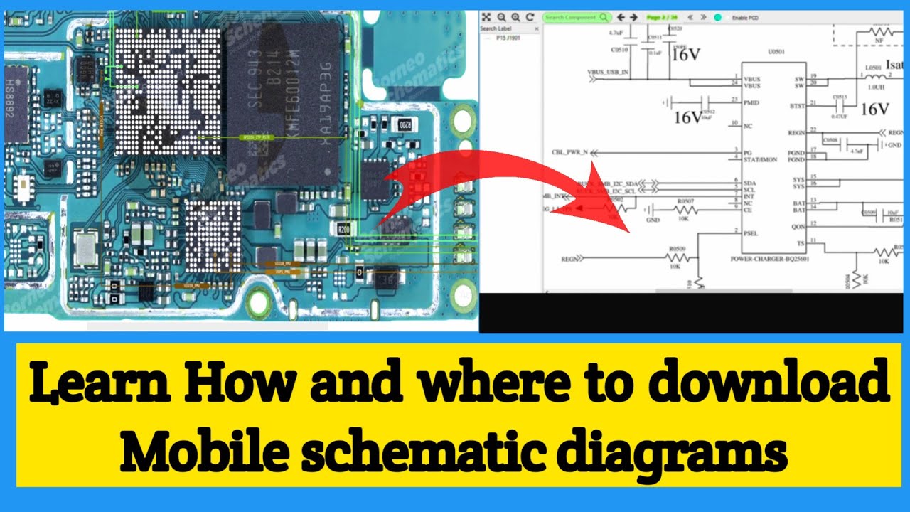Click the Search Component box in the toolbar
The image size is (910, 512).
pyautogui.click(x=577, y=17)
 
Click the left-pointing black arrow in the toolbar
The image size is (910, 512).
pyautogui.click(x=621, y=17)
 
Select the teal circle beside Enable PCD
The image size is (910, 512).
pyautogui.click(x=717, y=17)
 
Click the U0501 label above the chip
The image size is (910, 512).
pyautogui.click(x=776, y=51)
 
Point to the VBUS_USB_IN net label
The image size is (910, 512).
pyautogui.click(x=608, y=73)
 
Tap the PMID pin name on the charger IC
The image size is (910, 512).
pyautogui.click(x=751, y=103)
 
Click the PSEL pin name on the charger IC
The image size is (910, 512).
pyautogui.click(x=751, y=233)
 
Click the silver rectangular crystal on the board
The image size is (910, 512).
pyautogui.click(x=85, y=249)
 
